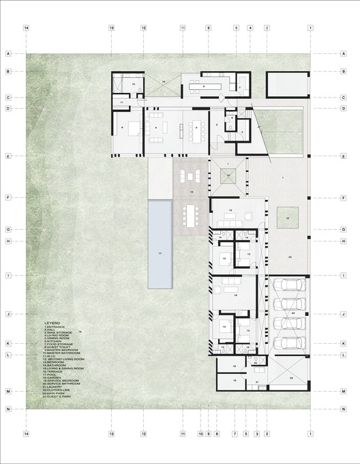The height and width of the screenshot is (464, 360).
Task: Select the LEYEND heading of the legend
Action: [x=52, y=321]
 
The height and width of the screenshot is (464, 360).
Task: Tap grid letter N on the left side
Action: [x=9, y=409]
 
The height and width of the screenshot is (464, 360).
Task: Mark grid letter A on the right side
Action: [x=344, y=53]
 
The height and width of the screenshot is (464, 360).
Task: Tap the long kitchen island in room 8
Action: [x=205, y=87]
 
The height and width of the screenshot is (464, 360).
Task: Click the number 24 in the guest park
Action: [x=290, y=257]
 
